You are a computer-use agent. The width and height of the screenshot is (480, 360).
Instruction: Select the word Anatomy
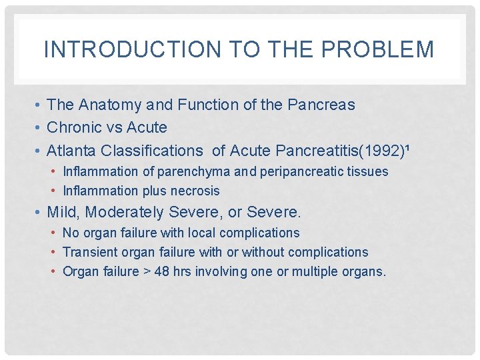[109, 105]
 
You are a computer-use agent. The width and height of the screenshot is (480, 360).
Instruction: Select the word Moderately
[127, 213]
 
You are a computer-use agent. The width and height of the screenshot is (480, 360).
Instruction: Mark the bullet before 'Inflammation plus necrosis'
[54, 191]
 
